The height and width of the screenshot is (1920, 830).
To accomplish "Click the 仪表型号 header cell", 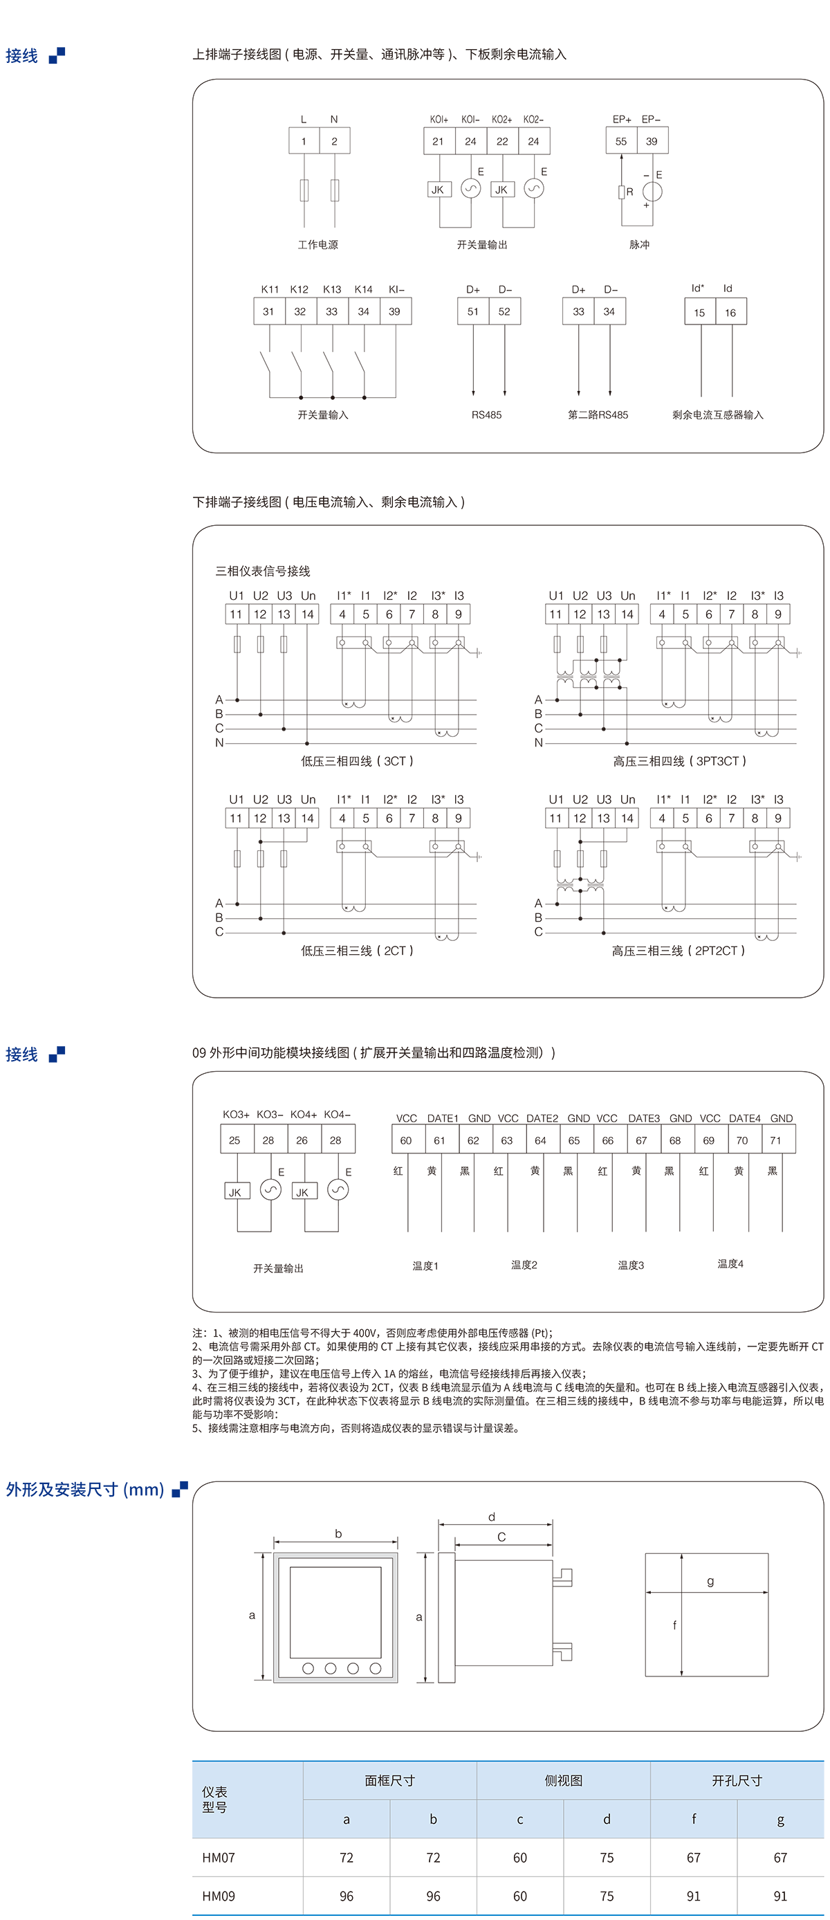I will point(214,1799).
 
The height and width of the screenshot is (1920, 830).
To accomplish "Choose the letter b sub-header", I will point(433,1818).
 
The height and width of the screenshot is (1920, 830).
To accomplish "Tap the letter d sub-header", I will point(607,1818).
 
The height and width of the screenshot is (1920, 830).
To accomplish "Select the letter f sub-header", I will point(694,1818).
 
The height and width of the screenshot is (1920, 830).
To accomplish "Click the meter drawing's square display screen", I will point(335,1612).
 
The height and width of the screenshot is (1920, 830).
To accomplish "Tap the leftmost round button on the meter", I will point(308,1668).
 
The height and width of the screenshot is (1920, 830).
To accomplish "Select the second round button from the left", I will point(331,1668).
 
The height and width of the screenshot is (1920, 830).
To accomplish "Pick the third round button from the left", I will point(353,1668).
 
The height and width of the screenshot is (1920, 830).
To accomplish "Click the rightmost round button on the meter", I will point(376,1668).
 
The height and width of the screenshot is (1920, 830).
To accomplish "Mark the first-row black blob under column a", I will point(347,1856).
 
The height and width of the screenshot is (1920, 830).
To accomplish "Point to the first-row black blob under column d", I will point(607,1856).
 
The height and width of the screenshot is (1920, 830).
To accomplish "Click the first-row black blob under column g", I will point(780,1856).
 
